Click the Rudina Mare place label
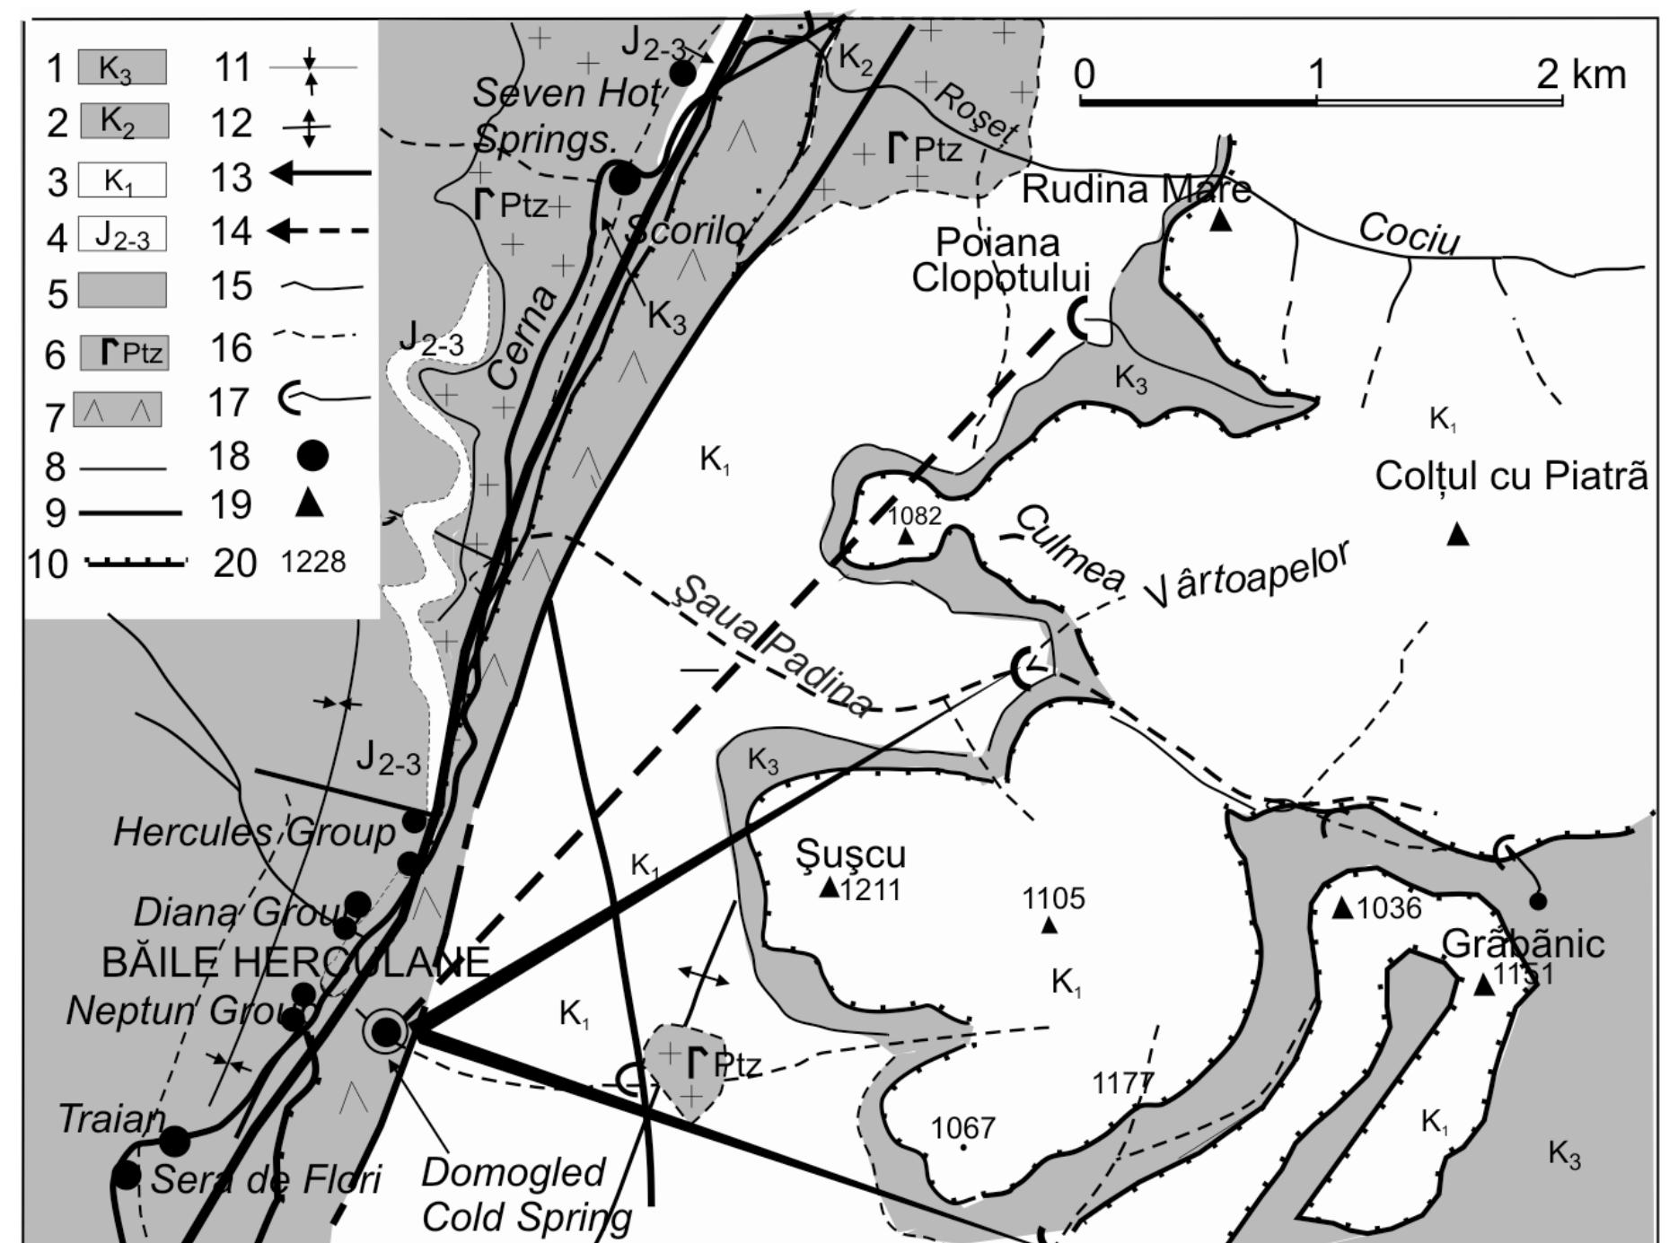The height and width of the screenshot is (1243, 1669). point(1136,190)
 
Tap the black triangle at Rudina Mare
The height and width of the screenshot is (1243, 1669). point(1220,220)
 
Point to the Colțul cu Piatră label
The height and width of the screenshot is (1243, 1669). point(1511,477)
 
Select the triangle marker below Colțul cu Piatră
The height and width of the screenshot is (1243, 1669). point(1458,535)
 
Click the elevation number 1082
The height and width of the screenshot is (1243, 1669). point(915,516)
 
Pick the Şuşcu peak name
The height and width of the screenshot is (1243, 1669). point(850,854)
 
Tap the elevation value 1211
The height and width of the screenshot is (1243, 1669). point(871,889)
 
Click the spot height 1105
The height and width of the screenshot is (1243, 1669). point(1053,898)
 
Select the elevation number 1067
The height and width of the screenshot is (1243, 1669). point(963,1127)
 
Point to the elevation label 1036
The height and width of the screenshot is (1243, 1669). point(1389,908)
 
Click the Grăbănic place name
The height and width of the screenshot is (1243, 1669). point(1523,944)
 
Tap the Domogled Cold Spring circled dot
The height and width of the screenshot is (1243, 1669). point(386,1032)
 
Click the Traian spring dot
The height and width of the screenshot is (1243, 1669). point(174,1141)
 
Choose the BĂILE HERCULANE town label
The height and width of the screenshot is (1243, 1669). point(295,963)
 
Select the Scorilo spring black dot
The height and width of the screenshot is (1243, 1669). point(624,179)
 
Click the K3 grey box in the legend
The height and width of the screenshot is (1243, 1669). point(122,67)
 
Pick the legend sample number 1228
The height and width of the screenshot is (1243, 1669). point(312,562)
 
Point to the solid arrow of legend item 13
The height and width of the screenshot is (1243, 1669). point(321,173)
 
